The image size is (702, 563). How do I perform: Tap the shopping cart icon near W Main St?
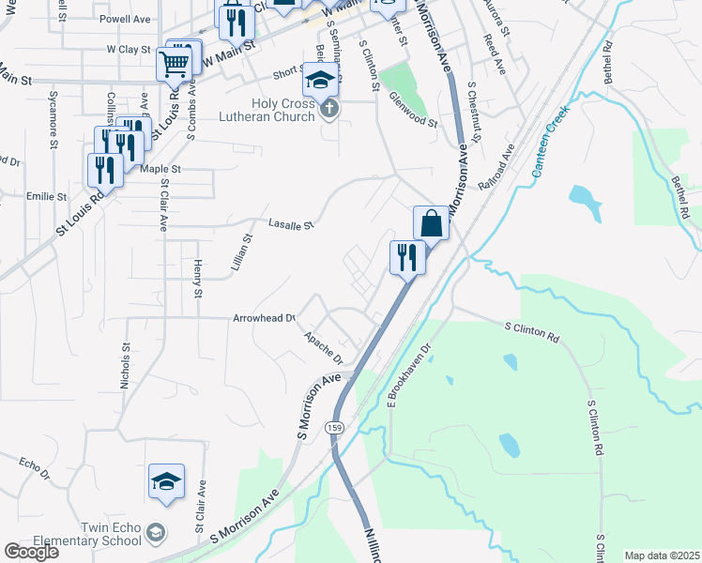click(174, 66)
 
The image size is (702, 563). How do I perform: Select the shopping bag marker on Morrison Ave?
click(431, 224)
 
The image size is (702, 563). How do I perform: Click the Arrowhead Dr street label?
click(265, 319)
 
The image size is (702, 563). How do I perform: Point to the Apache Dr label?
click(323, 345)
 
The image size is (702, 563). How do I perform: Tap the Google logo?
click(31, 552)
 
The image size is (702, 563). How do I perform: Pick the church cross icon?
click(328, 111)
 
